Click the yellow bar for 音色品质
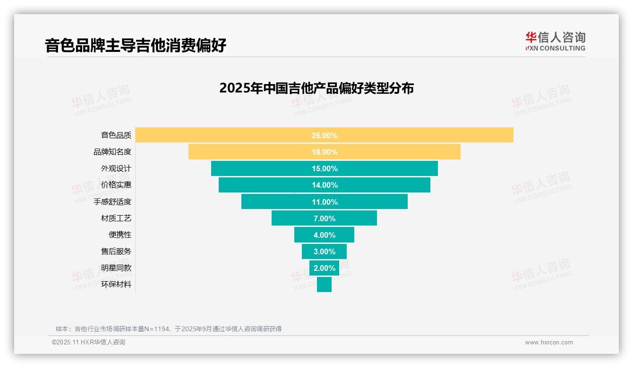(x=425, y=135)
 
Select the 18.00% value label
(x=325, y=152)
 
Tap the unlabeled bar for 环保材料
(x=324, y=284)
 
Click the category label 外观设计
(x=116, y=168)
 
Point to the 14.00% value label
(x=325, y=185)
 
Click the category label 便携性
(x=120, y=234)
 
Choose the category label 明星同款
(x=116, y=268)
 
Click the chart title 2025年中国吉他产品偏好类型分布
(x=316, y=88)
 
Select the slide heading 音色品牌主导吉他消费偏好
(x=136, y=45)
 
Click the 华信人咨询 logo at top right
(x=555, y=42)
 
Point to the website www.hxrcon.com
(x=549, y=343)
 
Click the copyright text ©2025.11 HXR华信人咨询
(x=88, y=343)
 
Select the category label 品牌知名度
(x=112, y=152)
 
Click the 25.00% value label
(x=325, y=135)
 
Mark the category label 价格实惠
(x=116, y=185)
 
